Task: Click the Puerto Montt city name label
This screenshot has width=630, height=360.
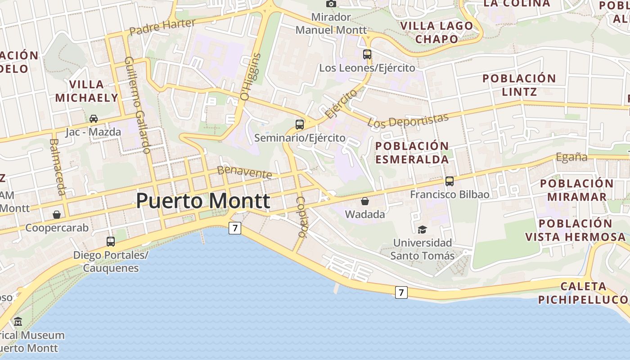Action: [x=203, y=201]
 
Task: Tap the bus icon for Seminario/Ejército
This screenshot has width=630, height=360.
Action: [x=300, y=124]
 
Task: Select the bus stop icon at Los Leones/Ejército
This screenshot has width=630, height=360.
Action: [x=367, y=54]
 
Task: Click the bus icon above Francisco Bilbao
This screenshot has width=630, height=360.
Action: [x=450, y=181]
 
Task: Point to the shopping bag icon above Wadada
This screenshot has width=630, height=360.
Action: [x=365, y=201]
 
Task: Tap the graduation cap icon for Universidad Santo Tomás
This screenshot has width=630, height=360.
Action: [x=422, y=229]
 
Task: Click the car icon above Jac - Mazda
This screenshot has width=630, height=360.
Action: [x=94, y=119]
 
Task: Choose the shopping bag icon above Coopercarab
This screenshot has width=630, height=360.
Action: [x=57, y=215]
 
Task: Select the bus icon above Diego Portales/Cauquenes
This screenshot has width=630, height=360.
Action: [x=111, y=242]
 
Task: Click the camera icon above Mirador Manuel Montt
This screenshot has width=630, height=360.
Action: [x=331, y=4]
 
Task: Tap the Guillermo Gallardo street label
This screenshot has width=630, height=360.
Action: [x=137, y=105]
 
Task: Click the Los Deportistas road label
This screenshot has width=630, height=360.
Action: [x=408, y=120]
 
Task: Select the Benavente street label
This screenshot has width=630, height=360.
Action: [x=245, y=172]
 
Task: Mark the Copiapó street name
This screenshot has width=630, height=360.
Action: [x=301, y=217]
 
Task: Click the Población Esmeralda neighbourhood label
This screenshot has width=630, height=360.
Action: [x=412, y=153]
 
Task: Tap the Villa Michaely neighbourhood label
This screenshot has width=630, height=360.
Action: [x=86, y=91]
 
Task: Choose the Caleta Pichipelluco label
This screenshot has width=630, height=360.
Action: [x=583, y=293]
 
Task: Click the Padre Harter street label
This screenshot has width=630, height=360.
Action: [x=162, y=27]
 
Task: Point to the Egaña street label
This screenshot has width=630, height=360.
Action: [x=572, y=157]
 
